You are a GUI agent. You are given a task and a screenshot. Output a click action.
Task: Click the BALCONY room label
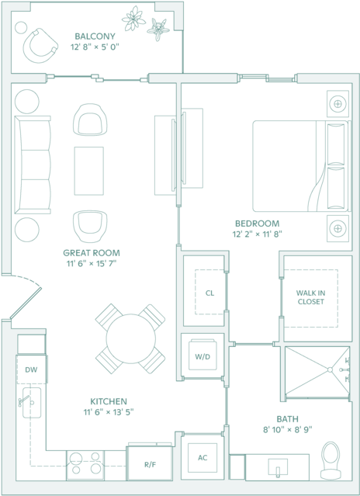[x=95, y=36]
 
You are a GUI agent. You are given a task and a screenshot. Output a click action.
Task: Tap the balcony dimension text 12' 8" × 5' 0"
[x=95, y=47]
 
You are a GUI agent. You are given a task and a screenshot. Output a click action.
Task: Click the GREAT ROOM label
[x=92, y=253]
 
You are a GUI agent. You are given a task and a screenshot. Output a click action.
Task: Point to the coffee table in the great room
[x=88, y=171]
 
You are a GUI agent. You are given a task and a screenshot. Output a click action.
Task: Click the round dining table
[x=131, y=338]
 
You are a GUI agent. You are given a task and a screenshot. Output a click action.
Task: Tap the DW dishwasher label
[x=31, y=369]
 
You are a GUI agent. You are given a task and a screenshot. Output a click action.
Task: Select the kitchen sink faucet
[x=24, y=401]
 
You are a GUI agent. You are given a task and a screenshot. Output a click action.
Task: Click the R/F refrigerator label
[x=150, y=465]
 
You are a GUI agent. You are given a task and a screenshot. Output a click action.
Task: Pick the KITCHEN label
[x=109, y=402]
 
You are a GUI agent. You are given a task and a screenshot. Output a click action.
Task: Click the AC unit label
[x=202, y=458]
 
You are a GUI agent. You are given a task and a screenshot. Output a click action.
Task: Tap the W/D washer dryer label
[x=202, y=357]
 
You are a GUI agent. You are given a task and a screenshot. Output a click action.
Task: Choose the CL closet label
[x=209, y=293]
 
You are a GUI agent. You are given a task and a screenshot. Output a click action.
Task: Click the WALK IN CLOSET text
[x=310, y=297]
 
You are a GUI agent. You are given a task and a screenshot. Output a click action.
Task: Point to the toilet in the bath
[x=331, y=460]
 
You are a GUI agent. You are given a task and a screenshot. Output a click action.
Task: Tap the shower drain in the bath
[x=330, y=369]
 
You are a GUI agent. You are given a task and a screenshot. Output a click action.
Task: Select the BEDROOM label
[x=258, y=224]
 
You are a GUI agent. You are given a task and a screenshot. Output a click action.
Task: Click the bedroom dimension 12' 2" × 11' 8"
[x=257, y=234]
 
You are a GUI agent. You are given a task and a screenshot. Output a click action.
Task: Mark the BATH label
[x=287, y=419]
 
